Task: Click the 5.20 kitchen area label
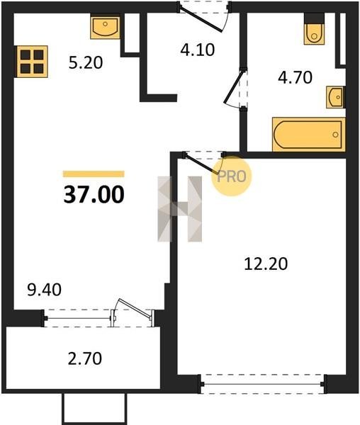pos(86,62)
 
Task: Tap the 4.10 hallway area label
pos(198,50)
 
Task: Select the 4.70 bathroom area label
pos(296,77)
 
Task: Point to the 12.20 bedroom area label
pos(266,264)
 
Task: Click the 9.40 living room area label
pos(45,290)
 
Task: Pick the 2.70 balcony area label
pos(85,358)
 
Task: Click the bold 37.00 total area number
pos(94,194)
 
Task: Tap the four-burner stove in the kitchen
pos(33,62)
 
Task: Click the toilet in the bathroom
pos(314,30)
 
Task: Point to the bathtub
pos(309,135)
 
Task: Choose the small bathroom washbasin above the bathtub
pos(336,97)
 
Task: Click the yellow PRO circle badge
pos(232,176)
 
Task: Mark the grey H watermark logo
pos(180,209)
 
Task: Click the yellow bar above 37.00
pos(94,174)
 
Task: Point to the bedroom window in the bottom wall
pos(262,384)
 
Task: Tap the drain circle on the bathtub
pos(336,135)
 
